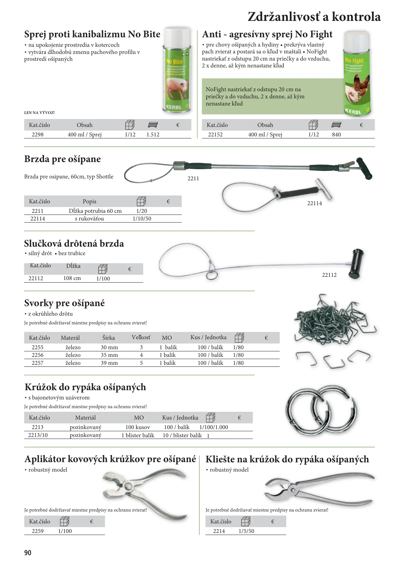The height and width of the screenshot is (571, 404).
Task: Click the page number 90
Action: (x=28, y=553)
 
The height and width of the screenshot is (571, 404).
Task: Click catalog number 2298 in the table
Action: (x=38, y=135)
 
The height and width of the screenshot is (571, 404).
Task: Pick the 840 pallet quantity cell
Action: (x=336, y=135)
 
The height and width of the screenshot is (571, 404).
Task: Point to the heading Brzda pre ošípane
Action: (x=62, y=159)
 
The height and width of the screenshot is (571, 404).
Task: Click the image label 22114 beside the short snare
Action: (x=314, y=203)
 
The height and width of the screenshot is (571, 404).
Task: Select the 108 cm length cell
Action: (x=72, y=278)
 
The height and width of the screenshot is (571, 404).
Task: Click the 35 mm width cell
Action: (x=109, y=355)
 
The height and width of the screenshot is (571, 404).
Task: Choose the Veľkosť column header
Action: (x=141, y=338)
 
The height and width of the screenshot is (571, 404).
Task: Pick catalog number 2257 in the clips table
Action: (x=38, y=363)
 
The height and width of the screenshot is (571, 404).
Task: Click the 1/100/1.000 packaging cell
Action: (x=213, y=427)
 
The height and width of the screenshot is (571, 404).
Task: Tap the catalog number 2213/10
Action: (x=38, y=435)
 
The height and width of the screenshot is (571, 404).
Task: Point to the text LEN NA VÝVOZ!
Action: (x=39, y=113)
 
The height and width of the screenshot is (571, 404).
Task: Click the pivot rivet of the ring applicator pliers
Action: (x=129, y=486)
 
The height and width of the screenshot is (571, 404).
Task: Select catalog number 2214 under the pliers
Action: (x=219, y=531)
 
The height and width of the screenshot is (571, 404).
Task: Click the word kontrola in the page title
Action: (x=356, y=17)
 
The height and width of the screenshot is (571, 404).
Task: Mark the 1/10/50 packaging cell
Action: (x=142, y=219)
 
